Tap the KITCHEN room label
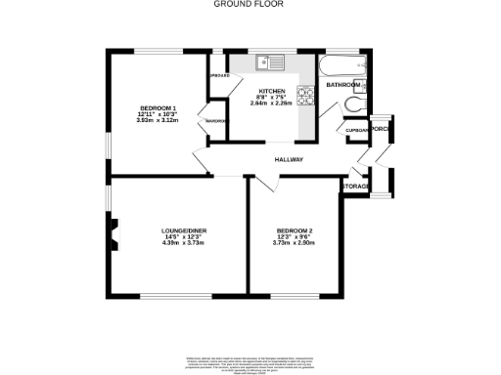point(272,91)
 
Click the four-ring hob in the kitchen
point(305,96)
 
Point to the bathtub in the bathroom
point(342,67)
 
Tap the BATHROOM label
point(342,85)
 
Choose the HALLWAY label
point(289,160)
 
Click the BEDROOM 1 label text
point(158,106)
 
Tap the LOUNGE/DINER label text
point(184,230)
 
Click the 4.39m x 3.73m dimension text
point(184,243)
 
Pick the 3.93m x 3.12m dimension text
point(158,119)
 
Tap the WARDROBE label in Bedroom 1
point(216,121)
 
